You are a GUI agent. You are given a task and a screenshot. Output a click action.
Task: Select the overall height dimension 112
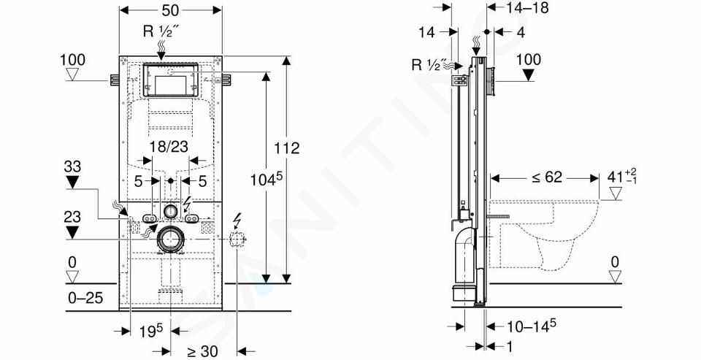coord(286,148)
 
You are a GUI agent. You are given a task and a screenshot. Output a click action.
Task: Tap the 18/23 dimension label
coord(169,146)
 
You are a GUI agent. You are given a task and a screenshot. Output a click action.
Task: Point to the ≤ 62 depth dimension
coord(546,177)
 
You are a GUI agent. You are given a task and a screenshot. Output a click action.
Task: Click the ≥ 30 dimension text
coord(202,351)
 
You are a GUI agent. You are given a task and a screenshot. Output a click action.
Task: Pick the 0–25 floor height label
coord(86,297)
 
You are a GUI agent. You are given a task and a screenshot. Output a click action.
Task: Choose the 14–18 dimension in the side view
coord(527,7)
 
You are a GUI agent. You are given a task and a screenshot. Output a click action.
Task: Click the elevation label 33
coord(72,166)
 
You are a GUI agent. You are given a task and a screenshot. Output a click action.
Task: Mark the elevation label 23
coord(72,218)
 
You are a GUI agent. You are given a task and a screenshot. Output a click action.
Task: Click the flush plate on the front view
coord(170,80)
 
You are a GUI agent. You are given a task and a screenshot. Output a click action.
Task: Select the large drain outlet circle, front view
coord(170,240)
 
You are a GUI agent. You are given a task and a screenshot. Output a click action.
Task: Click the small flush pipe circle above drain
coord(170,210)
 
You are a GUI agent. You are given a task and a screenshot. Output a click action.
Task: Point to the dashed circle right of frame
coord(237,240)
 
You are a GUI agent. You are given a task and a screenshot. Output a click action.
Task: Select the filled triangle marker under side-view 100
coord(529,75)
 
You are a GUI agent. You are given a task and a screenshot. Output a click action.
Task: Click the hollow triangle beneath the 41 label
coord(616,194)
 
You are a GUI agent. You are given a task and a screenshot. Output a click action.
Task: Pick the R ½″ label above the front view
coord(161,31)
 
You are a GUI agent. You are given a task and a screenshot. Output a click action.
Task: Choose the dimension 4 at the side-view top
coord(520,32)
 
